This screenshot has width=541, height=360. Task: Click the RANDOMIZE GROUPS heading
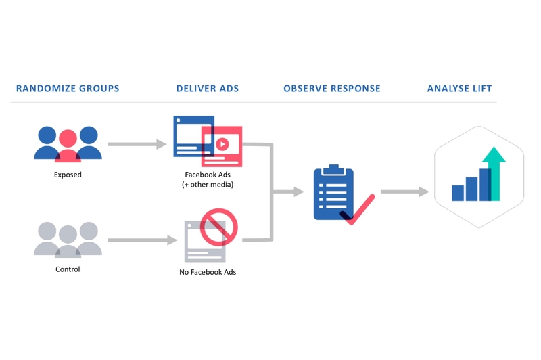pos(68,89)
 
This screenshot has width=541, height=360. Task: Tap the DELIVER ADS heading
pos(207,89)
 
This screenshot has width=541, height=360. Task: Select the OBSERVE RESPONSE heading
pos(332,89)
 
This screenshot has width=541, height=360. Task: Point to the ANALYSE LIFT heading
pos(460,89)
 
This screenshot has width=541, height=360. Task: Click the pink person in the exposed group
pos(68,145)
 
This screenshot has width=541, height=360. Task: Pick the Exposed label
pos(68,175)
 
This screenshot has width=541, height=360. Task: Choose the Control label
pos(68,269)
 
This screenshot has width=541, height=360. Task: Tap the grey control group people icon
pos(68,240)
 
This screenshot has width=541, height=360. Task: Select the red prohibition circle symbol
pos(218,226)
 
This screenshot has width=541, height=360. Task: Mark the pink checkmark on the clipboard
pos(362,211)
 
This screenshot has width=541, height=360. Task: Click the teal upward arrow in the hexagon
pos(494,169)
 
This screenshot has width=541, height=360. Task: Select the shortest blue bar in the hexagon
pos(458,193)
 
